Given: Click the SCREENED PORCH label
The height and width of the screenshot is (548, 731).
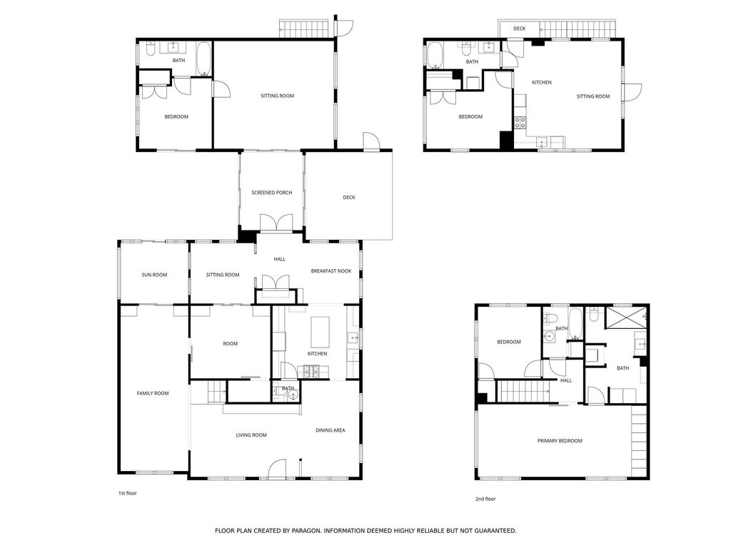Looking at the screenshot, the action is (x=272, y=193).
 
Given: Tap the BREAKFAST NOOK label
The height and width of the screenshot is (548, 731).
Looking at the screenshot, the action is (x=331, y=270).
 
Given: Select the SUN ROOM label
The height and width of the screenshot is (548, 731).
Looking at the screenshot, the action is (x=154, y=275).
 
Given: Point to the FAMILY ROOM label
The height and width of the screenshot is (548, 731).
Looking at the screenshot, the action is (x=153, y=393).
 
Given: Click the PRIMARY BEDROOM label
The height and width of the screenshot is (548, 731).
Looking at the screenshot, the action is (x=560, y=441).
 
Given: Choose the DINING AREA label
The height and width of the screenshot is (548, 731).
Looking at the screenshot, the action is (x=330, y=430).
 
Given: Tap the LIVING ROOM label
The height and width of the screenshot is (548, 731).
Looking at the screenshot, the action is (x=251, y=435).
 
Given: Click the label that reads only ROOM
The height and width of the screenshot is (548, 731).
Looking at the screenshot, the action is (x=231, y=343).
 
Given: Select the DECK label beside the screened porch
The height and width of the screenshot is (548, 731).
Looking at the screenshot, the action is (x=349, y=197).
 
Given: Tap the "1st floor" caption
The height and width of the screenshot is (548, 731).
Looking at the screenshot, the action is (x=127, y=493).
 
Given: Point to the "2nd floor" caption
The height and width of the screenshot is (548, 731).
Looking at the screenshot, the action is (x=485, y=499).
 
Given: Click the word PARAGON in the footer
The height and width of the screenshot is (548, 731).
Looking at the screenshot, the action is (x=306, y=530).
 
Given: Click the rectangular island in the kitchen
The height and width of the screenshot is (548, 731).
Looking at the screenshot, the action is (x=320, y=331).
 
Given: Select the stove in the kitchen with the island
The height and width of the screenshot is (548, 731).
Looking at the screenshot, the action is (x=311, y=371).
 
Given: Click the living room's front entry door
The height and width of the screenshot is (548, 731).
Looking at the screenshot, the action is (x=277, y=468).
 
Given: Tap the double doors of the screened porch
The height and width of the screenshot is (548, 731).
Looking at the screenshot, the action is (x=276, y=223).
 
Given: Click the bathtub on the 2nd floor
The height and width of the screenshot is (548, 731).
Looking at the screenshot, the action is (x=575, y=323).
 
